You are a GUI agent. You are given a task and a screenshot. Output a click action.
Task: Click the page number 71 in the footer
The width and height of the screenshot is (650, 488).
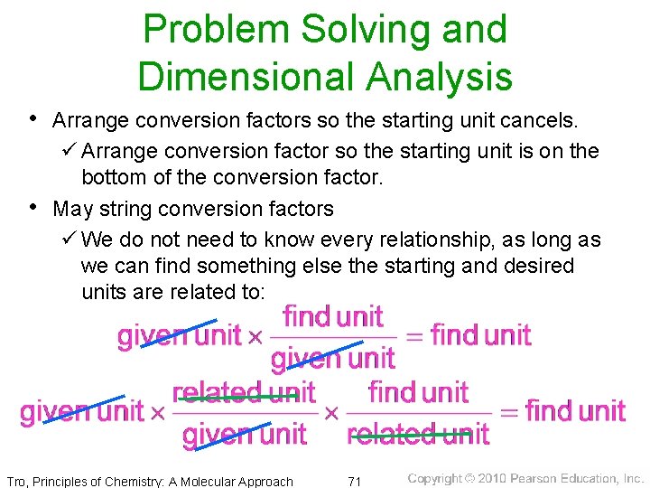pyautogui.click(x=354, y=481)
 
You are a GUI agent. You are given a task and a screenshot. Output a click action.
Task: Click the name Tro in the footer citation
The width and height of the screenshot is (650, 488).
pyautogui.click(x=17, y=481)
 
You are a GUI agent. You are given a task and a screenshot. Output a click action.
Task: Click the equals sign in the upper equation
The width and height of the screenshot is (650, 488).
pyautogui.click(x=412, y=337)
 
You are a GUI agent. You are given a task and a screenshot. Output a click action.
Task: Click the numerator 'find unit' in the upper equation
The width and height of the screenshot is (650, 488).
pyautogui.click(x=332, y=317)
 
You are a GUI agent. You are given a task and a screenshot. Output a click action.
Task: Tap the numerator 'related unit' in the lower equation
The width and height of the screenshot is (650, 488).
pyautogui.click(x=243, y=393)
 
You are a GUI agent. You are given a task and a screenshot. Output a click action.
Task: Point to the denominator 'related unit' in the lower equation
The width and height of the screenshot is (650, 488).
pyautogui.click(x=417, y=435)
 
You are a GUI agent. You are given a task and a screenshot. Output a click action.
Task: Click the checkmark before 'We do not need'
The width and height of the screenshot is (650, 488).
pyautogui.click(x=67, y=239)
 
